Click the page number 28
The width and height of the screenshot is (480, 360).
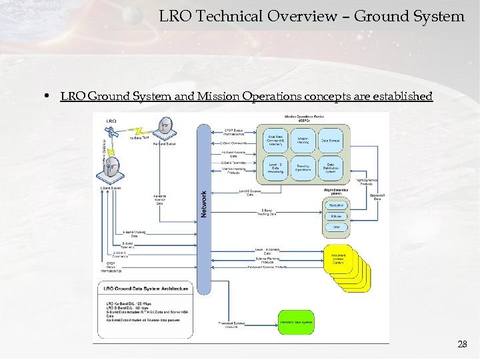462,344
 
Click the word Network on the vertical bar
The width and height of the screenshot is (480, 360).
204,203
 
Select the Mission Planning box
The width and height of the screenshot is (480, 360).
303,140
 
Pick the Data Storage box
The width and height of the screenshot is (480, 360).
330,140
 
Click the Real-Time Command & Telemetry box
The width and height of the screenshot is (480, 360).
275,140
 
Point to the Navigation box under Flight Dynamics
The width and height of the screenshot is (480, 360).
337,205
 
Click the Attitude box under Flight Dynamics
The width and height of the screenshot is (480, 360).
337,216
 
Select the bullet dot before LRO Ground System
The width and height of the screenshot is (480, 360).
50,97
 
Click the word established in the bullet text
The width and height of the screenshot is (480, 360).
403,97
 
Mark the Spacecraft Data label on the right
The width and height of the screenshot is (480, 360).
377,198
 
